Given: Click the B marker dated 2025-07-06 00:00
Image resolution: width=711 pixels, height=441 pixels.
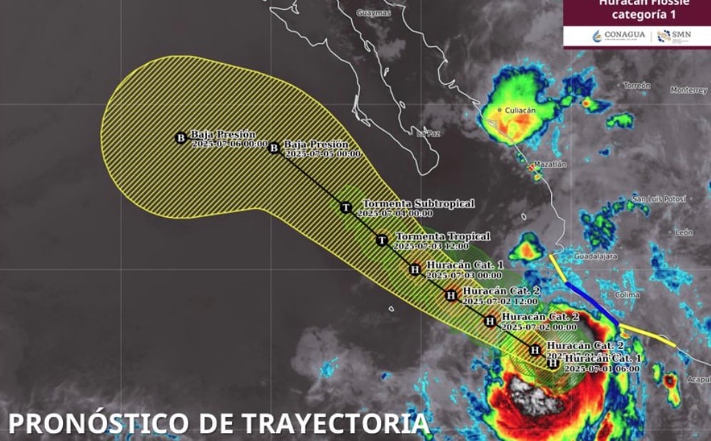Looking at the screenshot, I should click(181, 138).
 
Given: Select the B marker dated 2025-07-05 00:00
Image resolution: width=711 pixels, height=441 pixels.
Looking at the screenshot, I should click(273, 148).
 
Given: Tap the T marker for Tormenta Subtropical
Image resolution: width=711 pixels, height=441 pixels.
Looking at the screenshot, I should click(346, 208).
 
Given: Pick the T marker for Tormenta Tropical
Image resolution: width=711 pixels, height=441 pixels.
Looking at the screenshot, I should click(382, 240).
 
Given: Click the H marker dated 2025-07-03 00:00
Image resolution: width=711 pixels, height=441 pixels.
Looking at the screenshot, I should click(415, 269).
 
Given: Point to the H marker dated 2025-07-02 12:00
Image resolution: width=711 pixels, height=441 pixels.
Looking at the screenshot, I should click(451, 295).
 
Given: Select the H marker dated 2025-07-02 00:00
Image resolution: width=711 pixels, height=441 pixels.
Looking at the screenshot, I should click(490, 320).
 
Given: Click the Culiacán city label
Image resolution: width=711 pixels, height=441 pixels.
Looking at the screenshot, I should click(520, 111).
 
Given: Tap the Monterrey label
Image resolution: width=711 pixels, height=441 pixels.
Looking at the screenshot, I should click(688, 90).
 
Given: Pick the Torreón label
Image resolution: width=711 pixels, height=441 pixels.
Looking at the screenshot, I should click(637, 86).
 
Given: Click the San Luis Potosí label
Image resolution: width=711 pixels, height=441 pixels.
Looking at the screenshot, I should click(658, 198).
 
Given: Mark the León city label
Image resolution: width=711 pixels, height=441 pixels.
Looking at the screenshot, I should click(684, 232).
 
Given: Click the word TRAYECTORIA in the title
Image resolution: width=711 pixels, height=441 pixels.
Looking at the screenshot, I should click(336, 423).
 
